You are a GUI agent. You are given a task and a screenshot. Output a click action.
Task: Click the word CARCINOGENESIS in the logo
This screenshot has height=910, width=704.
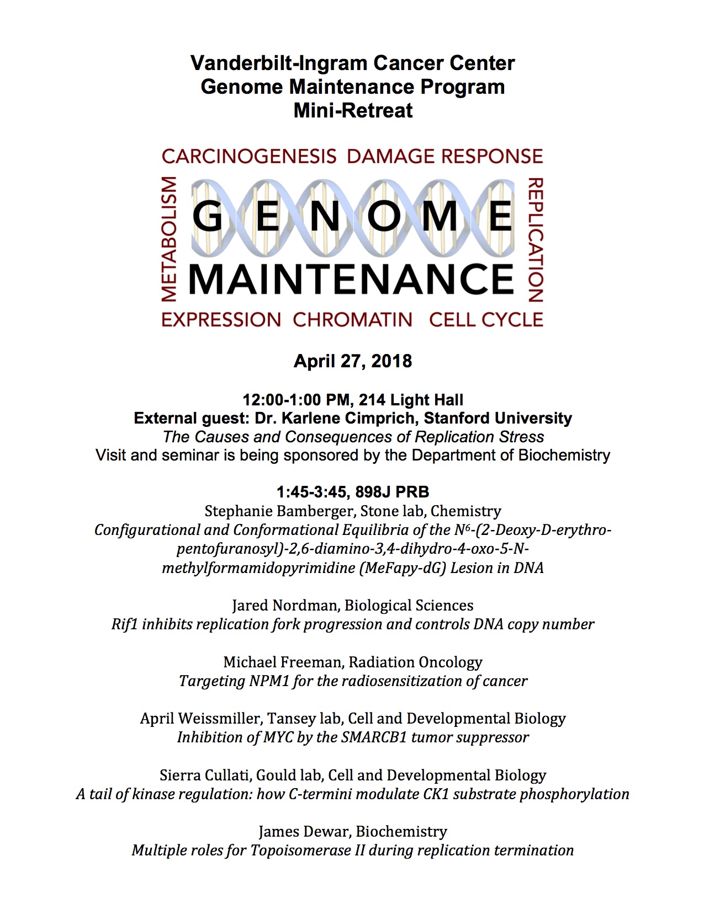click(x=249, y=156)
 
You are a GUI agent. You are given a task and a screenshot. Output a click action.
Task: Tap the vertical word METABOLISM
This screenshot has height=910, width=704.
click(x=170, y=239)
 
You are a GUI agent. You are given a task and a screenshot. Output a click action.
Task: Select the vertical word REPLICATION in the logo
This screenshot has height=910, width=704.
click(x=536, y=239)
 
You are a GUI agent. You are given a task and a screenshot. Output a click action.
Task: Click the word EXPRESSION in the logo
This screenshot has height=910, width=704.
click(x=221, y=319)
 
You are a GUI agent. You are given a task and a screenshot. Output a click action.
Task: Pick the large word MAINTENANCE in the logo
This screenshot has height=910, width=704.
click(x=352, y=279)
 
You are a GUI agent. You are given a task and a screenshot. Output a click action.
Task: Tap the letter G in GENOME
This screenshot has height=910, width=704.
click(x=208, y=216)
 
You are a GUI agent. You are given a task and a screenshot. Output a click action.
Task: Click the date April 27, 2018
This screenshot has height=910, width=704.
click(x=352, y=361)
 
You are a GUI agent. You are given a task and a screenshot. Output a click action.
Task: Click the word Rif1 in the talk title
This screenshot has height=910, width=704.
click(x=124, y=624)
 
